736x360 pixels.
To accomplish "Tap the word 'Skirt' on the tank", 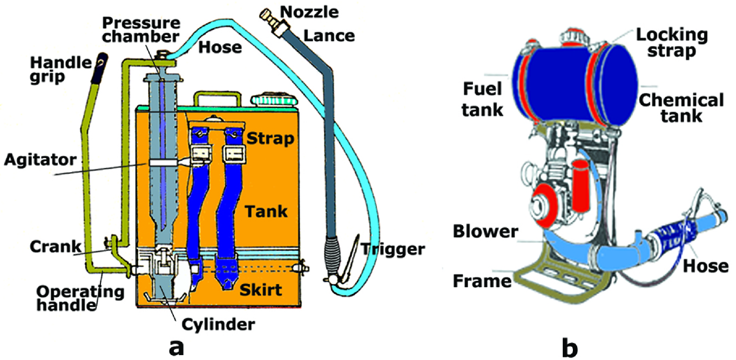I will point(261,290).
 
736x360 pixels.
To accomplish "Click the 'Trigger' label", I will point(392,249).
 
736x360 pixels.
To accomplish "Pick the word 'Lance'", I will point(328,36).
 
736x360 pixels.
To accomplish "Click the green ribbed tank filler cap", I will point(273,101).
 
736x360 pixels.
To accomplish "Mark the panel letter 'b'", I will point(569,345).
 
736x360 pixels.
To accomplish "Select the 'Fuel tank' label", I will point(482,98).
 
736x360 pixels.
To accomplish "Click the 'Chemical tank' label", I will point(679,107).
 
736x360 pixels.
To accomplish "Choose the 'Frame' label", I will point(483,281).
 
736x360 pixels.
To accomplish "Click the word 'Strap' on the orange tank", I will point(271,138).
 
